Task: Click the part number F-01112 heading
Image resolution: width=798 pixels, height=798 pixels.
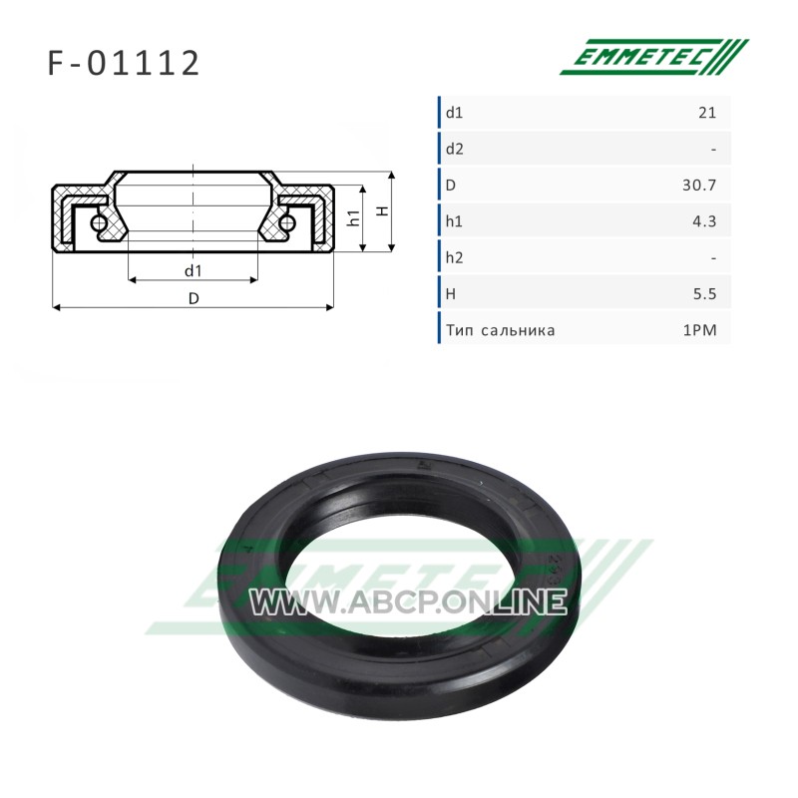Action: coord(124,63)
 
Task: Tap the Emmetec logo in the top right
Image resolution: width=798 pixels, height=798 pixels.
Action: coord(654,57)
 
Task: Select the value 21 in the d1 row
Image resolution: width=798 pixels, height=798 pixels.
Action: coord(707,113)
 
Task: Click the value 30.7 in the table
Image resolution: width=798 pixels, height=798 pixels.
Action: coord(699,186)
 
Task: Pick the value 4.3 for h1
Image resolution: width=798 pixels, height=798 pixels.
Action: coord(704,221)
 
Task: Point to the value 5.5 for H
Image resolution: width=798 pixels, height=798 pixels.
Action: coord(705,294)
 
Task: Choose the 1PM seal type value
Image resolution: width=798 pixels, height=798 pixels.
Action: coord(700,330)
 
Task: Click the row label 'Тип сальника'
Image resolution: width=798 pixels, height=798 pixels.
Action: coord(501,331)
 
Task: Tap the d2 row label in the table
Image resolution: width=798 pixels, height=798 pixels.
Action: coord(455,149)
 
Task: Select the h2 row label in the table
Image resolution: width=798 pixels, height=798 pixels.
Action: coord(455,257)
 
